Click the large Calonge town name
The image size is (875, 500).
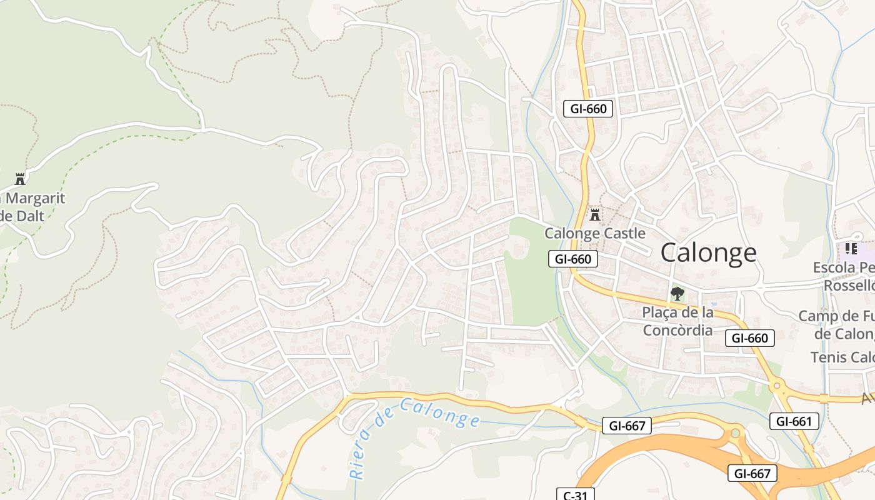708,252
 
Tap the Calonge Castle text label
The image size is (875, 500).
594,233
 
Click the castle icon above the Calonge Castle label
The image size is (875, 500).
595,215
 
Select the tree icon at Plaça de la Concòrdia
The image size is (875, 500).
677,293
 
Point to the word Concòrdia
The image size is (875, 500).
678,329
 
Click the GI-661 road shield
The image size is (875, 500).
794,421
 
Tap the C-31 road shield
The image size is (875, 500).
575,495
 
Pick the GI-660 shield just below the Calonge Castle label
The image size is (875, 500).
573,259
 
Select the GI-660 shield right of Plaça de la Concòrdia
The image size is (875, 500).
750,338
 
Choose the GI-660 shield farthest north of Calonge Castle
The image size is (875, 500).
588,109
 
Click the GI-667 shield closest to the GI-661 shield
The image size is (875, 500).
752,473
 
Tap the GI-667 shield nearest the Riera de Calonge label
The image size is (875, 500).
627,426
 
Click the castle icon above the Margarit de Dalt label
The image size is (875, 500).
20,179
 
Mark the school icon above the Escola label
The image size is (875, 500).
851,249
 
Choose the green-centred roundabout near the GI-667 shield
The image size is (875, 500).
736,432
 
